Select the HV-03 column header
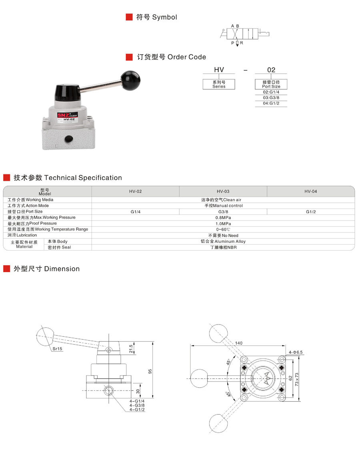pos(223,191)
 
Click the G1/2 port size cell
pos(311,212)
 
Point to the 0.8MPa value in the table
pos(223,218)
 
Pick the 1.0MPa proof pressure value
pos(223,224)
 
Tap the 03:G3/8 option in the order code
pos(271,98)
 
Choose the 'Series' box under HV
pos(219,84)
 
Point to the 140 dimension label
pos(239,343)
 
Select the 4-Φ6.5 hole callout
pos(296,352)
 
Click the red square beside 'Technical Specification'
pos(6,178)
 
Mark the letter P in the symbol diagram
pos(232,42)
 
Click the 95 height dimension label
pos(150,371)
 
